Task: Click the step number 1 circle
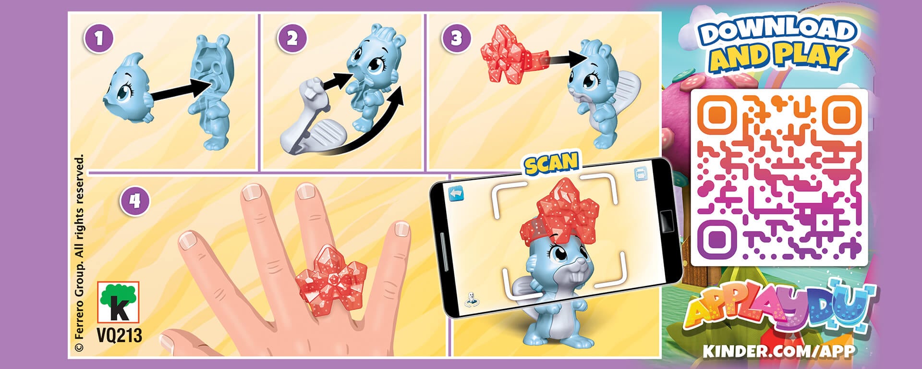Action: click(99, 38)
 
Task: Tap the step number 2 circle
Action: click(292, 38)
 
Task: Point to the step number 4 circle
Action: click(134, 200)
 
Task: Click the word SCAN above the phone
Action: click(551, 163)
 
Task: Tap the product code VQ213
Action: click(119, 335)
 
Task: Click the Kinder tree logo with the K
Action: click(118, 302)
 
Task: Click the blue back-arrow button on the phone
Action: click(456, 194)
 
